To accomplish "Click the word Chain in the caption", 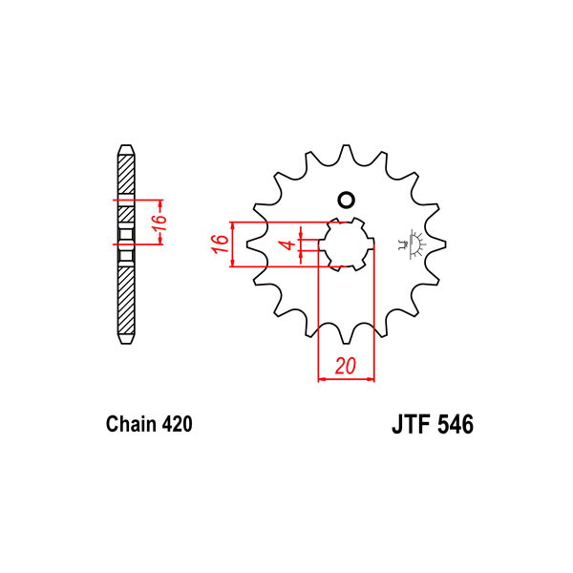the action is [x=131, y=424].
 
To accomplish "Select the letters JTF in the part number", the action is [x=411, y=424].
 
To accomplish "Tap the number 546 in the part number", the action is [x=456, y=424].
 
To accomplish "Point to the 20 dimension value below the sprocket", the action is [x=345, y=366].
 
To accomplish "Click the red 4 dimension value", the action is [x=289, y=244].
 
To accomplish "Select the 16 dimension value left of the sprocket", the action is [x=220, y=244].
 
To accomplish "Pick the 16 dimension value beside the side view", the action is [x=159, y=223].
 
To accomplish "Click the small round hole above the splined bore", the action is [x=346, y=200].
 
